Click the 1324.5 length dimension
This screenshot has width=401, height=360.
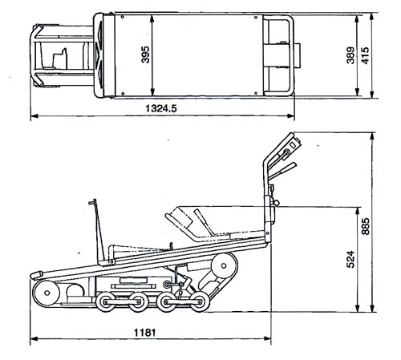pyautogui.click(x=161, y=108)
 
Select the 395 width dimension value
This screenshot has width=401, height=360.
pyautogui.click(x=146, y=55)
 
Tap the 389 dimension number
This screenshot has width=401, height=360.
pyautogui.click(x=350, y=55)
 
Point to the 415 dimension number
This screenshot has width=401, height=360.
pyautogui.click(x=365, y=55)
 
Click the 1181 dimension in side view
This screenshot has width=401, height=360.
pyautogui.click(x=144, y=333)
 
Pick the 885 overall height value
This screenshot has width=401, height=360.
pyautogui.click(x=365, y=226)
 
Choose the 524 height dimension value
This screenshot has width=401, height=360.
pyautogui.click(x=350, y=259)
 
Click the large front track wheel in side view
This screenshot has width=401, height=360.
pyautogui.click(x=47, y=293)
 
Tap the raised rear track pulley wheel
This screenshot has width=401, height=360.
pyautogui.click(x=224, y=265)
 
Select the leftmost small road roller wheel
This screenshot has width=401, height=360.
pyautogui.click(x=106, y=302)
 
